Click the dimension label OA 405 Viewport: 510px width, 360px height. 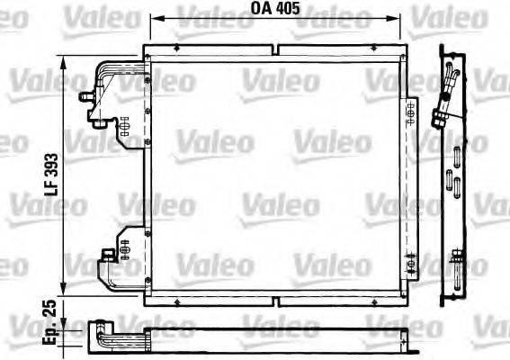click(x=273, y=9)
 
